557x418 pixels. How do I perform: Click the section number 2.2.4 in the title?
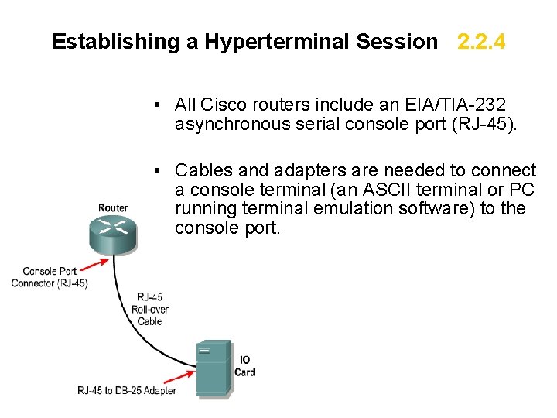pyautogui.click(x=481, y=42)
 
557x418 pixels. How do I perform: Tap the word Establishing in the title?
pyautogui.click(x=116, y=42)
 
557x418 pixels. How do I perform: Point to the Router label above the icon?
pyautogui.click(x=113, y=207)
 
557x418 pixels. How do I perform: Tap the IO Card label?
pyautogui.click(x=245, y=366)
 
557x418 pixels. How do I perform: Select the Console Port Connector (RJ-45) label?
pyautogui.click(x=50, y=277)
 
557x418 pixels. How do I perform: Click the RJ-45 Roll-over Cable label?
pyautogui.click(x=149, y=308)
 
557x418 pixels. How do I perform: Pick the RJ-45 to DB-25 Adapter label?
pyautogui.click(x=127, y=390)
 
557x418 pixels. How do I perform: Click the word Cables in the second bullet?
pyautogui.click(x=203, y=170)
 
